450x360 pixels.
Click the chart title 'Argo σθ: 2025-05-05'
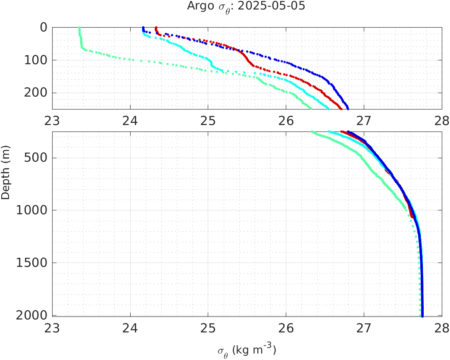tap(246, 6)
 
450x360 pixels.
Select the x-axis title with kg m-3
tap(246, 350)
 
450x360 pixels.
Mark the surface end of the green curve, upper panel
tap(79, 28)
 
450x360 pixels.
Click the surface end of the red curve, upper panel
tap(156, 28)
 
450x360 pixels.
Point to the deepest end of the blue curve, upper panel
tap(348, 108)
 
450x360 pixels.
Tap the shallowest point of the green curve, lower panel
tap(312, 132)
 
